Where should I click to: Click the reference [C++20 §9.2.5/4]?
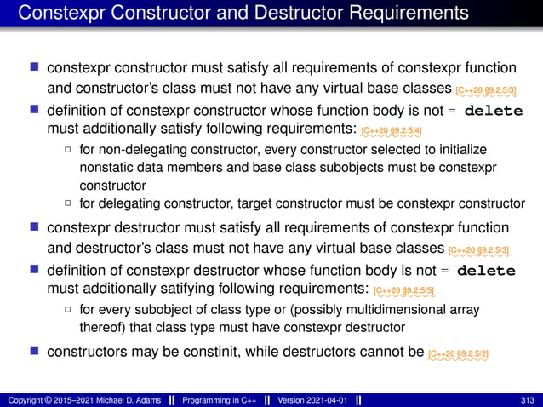pyautogui.click(x=391, y=131)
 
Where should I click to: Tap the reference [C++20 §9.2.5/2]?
pyautogui.click(x=458, y=353)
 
